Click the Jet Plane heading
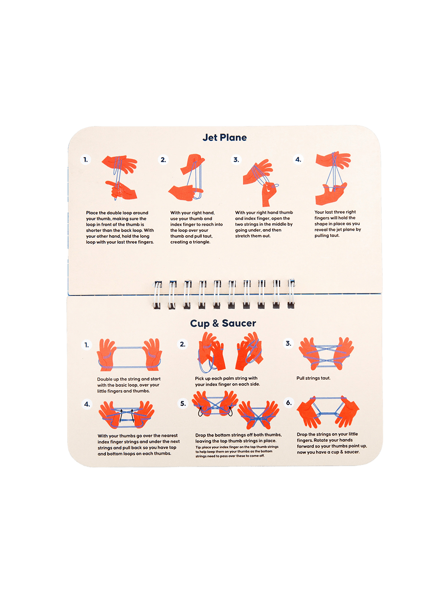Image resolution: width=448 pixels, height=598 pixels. (x=224, y=138)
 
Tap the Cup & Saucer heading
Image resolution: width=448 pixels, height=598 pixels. (x=223, y=323)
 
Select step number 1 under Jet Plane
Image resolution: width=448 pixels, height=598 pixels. (x=86, y=160)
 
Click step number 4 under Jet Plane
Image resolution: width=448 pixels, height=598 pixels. (x=298, y=160)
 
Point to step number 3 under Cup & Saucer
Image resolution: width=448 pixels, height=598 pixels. (x=288, y=343)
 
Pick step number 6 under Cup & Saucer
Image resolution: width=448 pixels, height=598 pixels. (x=289, y=403)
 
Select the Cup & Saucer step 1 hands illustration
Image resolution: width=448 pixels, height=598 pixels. (x=129, y=355)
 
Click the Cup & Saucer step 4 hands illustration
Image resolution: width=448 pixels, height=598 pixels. (x=126, y=415)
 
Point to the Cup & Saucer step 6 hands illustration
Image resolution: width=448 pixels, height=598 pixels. (x=328, y=411)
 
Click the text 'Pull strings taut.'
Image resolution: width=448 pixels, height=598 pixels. (x=313, y=378)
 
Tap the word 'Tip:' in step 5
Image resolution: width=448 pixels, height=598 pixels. (x=198, y=447)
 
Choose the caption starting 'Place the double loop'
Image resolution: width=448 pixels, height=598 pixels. (x=120, y=227)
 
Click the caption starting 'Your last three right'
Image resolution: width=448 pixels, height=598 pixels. (x=338, y=224)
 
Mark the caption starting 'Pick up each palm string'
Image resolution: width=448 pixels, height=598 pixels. (x=227, y=381)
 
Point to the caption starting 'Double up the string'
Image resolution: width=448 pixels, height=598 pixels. (x=129, y=385)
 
